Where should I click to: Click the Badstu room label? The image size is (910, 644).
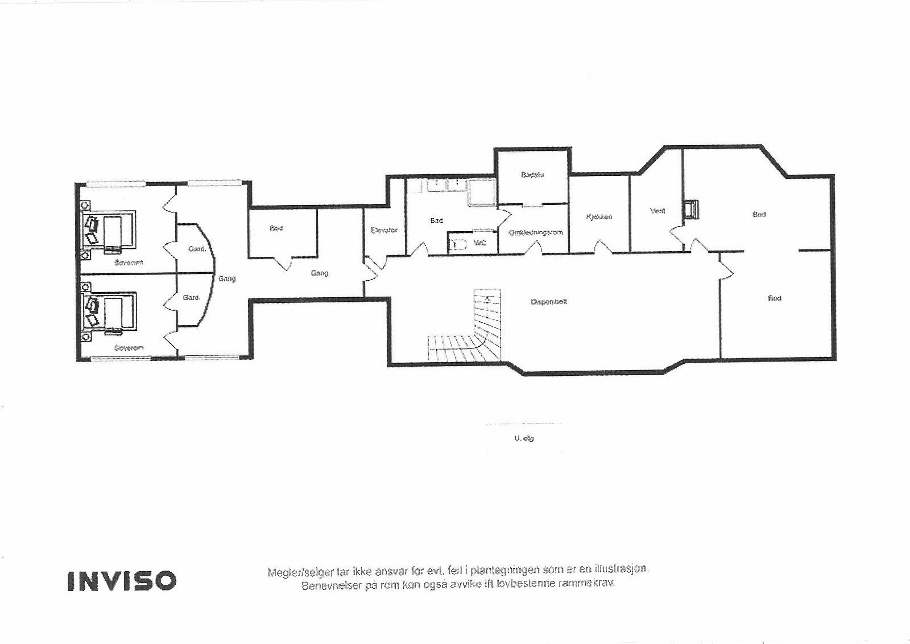(x=532, y=175)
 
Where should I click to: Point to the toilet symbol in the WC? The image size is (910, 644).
(x=458, y=244)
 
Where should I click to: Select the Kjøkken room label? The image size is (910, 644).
(x=599, y=216)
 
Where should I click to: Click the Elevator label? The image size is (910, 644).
(x=384, y=230)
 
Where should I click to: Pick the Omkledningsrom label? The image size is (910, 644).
(x=536, y=232)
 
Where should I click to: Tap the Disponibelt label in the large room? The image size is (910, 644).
(x=548, y=302)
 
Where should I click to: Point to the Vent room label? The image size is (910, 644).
(x=657, y=211)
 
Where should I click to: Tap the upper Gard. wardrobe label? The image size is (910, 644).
(x=196, y=249)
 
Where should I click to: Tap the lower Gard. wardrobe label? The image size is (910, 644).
(x=191, y=297)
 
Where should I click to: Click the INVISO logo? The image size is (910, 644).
(x=122, y=580)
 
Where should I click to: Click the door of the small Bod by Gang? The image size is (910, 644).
(x=283, y=264)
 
